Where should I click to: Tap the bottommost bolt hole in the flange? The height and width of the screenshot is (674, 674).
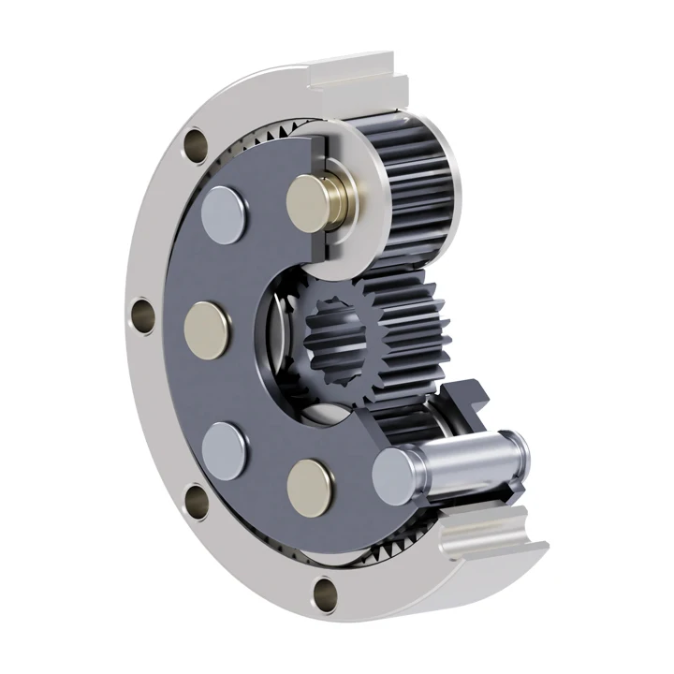[325, 590]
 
